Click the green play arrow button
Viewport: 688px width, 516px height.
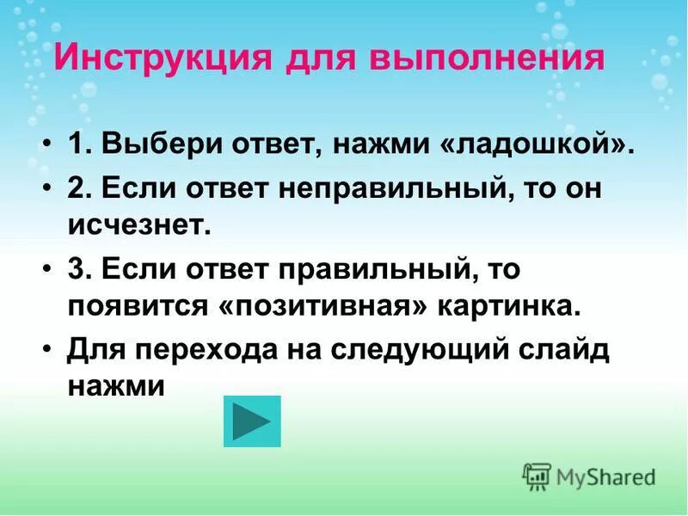[x=252, y=421]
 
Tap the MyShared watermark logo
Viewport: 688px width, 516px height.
[x=590, y=476]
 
